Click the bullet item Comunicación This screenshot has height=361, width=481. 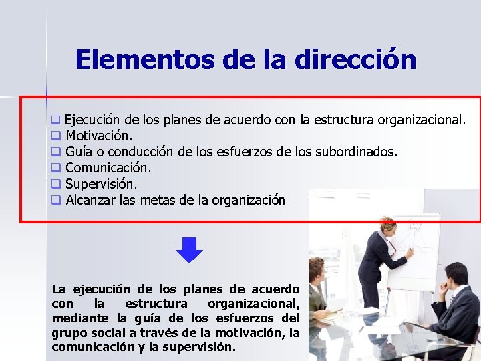click(x=108, y=167)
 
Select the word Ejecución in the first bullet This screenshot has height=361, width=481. click(x=92, y=120)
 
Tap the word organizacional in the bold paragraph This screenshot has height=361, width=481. click(x=253, y=304)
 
